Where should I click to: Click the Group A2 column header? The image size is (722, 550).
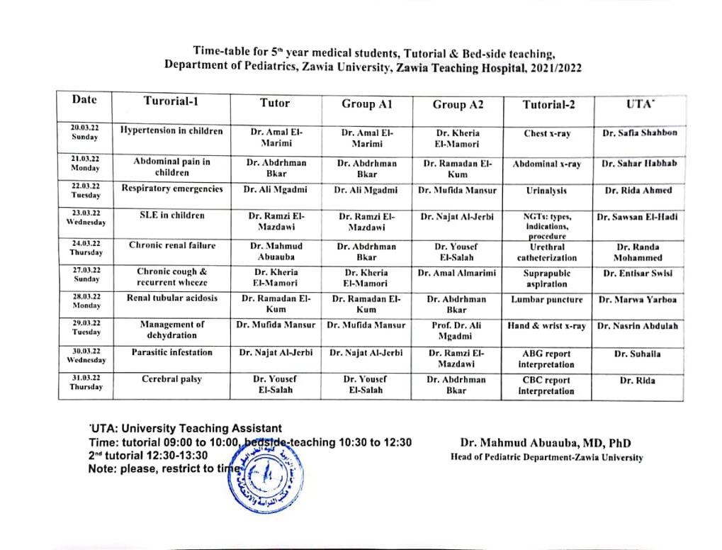coord(458,104)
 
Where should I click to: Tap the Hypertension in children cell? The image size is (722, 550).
coord(171,131)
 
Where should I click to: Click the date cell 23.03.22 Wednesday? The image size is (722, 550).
coord(84,217)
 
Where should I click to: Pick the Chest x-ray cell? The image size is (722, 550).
coord(547,133)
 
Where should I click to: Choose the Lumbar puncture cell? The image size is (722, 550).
coord(547,300)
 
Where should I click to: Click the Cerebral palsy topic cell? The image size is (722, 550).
coord(171,379)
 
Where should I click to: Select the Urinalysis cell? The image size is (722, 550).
coord(547,191)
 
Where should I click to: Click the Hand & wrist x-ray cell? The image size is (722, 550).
coord(547,326)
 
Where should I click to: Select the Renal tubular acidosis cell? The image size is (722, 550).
coord(171,298)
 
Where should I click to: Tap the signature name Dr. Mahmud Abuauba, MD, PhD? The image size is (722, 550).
coord(546,444)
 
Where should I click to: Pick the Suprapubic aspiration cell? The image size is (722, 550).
coord(547,278)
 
